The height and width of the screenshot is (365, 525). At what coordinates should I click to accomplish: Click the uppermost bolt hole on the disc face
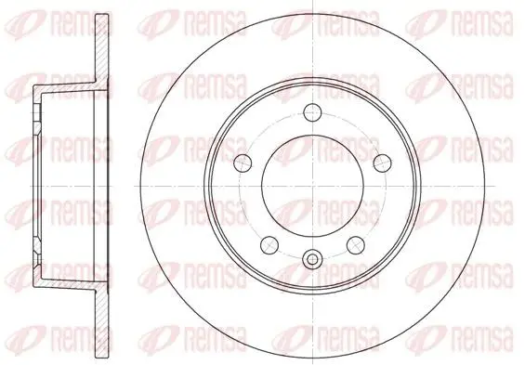click(x=313, y=112)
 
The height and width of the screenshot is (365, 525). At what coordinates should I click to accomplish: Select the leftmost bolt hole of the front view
click(x=243, y=163)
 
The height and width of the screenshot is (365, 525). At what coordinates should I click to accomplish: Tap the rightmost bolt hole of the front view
click(x=383, y=163)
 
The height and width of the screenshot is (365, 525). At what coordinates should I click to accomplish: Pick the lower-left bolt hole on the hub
click(x=269, y=245)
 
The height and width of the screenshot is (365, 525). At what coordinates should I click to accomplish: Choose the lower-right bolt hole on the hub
click(x=356, y=245)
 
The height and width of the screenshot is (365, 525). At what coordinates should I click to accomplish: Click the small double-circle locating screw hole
click(x=313, y=258)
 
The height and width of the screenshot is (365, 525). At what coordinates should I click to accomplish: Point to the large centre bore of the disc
click(x=313, y=186)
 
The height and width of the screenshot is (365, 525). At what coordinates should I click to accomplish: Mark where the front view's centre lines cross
click(x=313, y=186)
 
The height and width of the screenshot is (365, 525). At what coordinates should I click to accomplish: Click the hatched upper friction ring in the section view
click(x=102, y=48)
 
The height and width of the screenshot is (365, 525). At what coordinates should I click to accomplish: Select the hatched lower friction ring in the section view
click(x=102, y=323)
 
